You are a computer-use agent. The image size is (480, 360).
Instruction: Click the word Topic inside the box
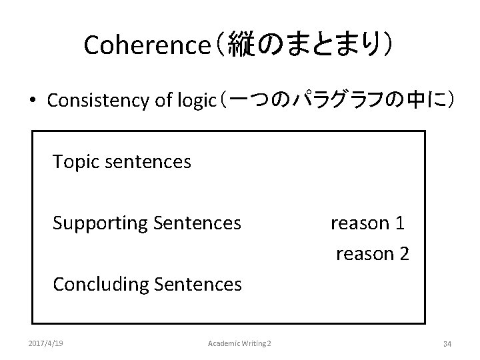[x=75, y=162]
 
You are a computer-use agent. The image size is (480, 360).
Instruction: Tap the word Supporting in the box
[x=100, y=223]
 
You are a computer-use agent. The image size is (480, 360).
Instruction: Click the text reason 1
[x=367, y=223]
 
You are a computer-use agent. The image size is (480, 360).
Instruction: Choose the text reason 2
[x=372, y=254]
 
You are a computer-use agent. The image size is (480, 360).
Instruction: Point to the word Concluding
[x=100, y=285]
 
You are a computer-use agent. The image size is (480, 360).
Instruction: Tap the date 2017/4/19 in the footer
[x=47, y=343]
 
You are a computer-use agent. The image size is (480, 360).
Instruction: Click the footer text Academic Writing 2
[x=240, y=343]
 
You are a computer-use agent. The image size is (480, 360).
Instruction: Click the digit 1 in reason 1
[x=399, y=223]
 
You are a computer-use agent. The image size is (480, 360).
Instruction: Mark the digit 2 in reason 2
[x=404, y=254]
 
